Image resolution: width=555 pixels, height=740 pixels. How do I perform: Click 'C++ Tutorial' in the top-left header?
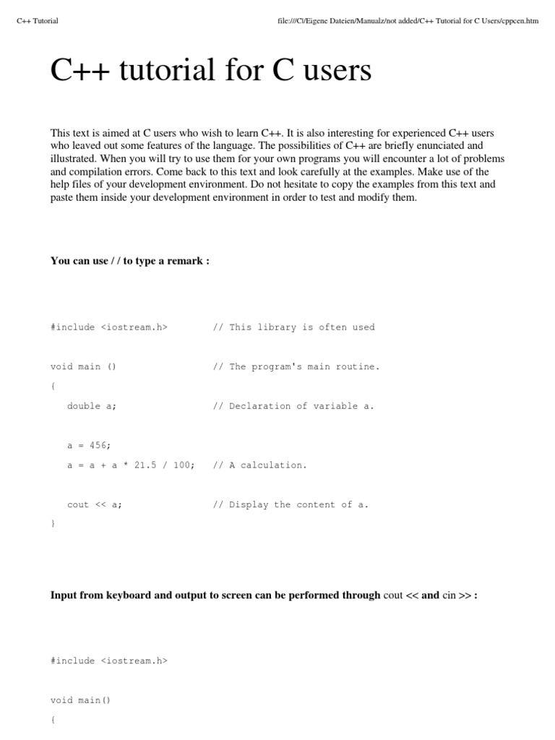point(37,21)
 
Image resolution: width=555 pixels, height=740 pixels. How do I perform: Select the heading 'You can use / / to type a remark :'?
point(130,261)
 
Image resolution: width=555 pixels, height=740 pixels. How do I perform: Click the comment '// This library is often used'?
point(294,327)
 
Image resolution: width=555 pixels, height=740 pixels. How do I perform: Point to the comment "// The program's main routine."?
point(296,366)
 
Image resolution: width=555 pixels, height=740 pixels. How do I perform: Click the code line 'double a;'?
point(92,406)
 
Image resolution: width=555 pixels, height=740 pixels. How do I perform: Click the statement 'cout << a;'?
point(95,504)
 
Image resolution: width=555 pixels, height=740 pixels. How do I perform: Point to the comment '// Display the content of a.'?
point(291,504)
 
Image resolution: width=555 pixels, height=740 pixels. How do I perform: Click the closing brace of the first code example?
point(53,524)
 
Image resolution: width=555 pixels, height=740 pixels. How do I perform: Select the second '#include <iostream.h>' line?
point(109,661)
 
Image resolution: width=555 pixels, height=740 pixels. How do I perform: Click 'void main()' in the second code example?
point(81,700)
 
